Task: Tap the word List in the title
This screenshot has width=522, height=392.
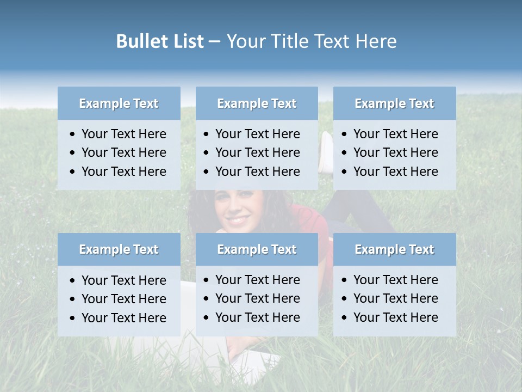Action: point(186,41)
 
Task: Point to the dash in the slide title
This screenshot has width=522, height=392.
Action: point(214,42)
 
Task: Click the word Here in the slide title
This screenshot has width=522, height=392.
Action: point(376,41)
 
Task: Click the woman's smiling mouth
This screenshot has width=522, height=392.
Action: point(238,220)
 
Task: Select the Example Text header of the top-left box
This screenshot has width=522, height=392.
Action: point(119,103)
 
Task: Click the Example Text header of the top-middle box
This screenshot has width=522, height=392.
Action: point(257,103)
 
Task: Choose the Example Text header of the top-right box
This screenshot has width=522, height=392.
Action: point(394,103)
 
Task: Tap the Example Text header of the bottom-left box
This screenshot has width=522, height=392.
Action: point(119,249)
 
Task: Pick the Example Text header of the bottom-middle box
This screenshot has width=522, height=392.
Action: point(257,249)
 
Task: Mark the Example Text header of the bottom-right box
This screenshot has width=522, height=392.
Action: point(394,249)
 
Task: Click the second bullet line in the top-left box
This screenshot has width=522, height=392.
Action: point(123,152)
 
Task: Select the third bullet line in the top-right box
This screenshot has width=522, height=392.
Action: point(395,171)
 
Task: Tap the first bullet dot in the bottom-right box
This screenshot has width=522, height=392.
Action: point(344,280)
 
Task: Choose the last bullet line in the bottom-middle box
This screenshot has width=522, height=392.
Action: point(257,317)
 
